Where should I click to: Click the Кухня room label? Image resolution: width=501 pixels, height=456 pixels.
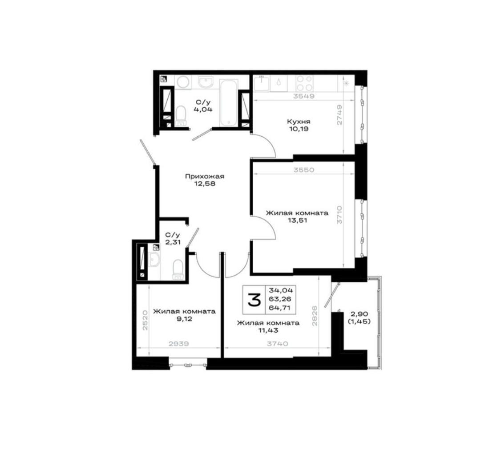pos(299,122)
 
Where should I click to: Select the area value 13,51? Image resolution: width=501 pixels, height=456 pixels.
pos(297,220)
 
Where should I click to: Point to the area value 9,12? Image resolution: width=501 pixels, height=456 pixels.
pos(184,319)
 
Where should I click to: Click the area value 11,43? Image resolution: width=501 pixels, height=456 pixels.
pos(268,330)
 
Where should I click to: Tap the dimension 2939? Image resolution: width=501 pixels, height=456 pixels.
pos(178,344)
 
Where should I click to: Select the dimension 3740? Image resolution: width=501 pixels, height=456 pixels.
pos(278,344)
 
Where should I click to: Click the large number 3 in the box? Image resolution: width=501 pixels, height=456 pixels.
pos(255,300)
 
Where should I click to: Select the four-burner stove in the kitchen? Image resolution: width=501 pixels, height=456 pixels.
pos(304,83)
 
